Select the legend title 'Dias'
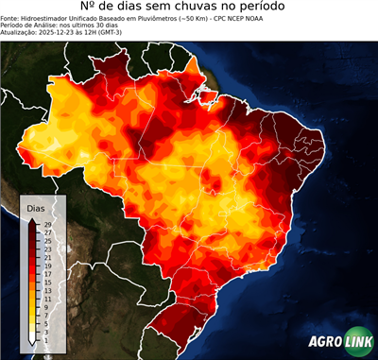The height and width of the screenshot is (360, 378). click(35, 207)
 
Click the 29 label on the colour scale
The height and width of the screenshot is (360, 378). click(47, 225)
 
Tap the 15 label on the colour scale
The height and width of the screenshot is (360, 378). click(47, 282)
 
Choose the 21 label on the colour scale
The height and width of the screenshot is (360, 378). click(47, 257)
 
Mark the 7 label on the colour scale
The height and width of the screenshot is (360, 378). click(47, 314)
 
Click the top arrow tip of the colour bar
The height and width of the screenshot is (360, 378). click(33, 219)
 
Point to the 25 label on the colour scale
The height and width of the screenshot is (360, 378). click(47, 241)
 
